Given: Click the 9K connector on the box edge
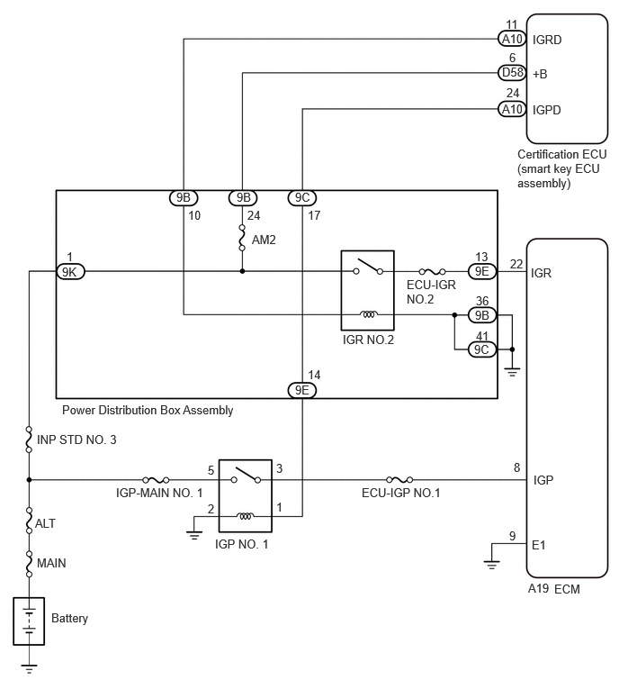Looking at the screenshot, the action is [x=70, y=272].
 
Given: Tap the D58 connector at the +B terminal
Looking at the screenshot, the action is [x=512, y=73].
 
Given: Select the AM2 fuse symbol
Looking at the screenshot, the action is [x=242, y=238].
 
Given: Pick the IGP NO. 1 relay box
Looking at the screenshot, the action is [x=246, y=495].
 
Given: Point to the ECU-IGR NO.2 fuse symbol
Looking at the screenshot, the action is [x=432, y=271].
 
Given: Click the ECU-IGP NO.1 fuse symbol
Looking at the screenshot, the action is [x=399, y=480].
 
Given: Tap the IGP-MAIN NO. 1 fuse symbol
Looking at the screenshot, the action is [x=156, y=480].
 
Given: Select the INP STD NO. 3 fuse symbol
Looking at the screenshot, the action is [x=29, y=440].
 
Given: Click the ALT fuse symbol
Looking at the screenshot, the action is [x=29, y=521].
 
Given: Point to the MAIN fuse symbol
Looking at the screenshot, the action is [x=29, y=564].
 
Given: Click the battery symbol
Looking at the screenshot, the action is [x=29, y=621].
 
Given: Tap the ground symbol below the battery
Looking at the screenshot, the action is [x=29, y=668].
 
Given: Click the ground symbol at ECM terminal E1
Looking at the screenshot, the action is [x=491, y=564].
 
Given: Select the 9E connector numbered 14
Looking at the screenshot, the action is [x=302, y=390].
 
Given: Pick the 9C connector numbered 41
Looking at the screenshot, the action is [x=482, y=349].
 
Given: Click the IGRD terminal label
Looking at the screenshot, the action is [x=547, y=40].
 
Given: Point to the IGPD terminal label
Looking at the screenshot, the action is [x=547, y=110].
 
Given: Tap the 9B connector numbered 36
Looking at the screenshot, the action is [x=482, y=315].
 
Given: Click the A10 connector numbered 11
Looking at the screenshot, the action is [x=512, y=39].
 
